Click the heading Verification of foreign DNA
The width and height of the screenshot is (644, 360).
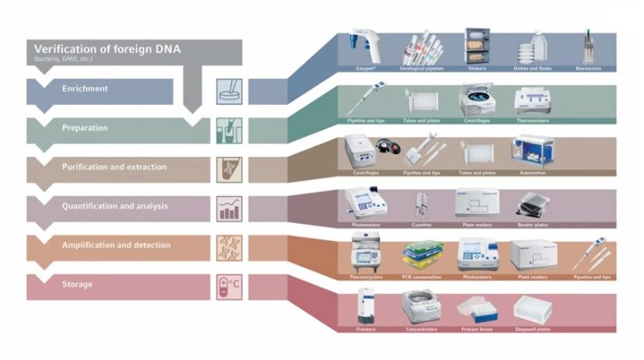coord(107,48)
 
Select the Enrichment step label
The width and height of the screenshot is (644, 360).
coord(85,89)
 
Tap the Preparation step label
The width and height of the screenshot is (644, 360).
coord(85,128)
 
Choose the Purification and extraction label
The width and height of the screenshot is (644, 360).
coord(114,167)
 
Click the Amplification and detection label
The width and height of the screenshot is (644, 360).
coord(116,245)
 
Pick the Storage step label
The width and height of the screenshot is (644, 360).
coord(77,285)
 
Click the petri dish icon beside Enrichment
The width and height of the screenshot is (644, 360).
coord(229,91)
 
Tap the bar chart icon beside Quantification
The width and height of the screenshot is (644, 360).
coord(229,208)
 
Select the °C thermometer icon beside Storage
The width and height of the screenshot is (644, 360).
coord(229,287)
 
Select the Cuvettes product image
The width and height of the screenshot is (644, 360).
coord(423,204)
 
